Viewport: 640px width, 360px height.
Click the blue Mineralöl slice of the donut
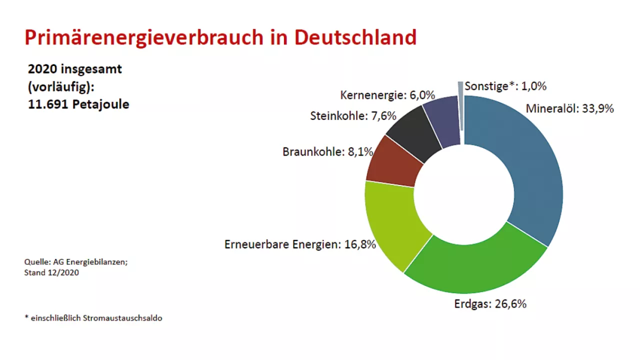pyautogui.click(x=535, y=170)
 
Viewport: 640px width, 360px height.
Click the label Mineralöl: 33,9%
pyautogui.click(x=569, y=108)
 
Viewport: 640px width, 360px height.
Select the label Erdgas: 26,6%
pyautogui.click(x=490, y=303)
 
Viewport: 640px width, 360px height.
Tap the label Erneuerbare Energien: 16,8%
pyautogui.click(x=300, y=245)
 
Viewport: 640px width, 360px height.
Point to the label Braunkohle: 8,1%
pyautogui.click(x=327, y=151)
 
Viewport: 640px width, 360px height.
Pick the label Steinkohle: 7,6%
pyautogui.click(x=353, y=116)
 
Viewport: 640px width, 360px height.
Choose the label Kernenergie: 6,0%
pyautogui.click(x=387, y=95)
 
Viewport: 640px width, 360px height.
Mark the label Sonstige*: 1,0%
pyautogui.click(x=505, y=86)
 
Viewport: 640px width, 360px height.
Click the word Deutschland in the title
pyautogui.click(x=355, y=37)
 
